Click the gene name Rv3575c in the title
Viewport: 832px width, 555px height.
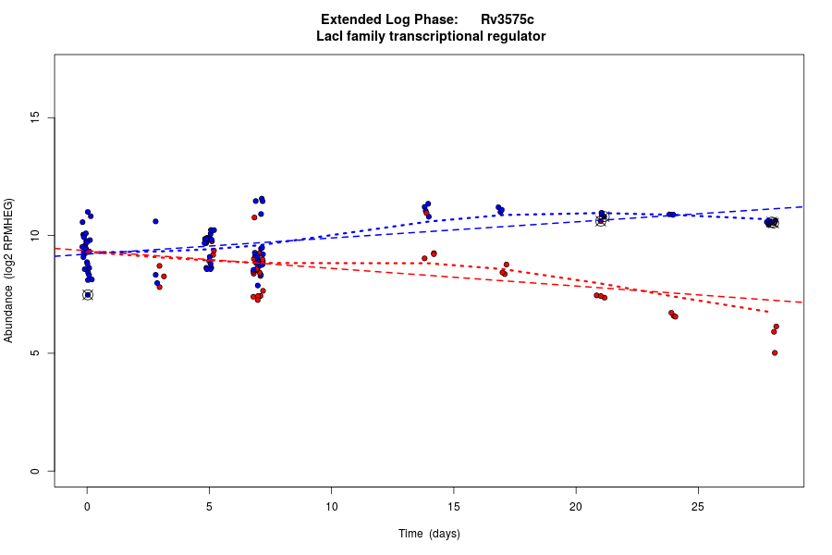point(507,19)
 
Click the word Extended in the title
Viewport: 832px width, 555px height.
point(351,19)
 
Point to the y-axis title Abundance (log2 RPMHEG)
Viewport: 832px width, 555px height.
point(9,270)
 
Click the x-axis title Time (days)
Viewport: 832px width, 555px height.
point(429,534)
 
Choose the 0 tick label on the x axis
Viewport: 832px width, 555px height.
point(87,507)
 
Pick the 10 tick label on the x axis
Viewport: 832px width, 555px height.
point(331,507)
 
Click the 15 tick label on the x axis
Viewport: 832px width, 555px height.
point(453,507)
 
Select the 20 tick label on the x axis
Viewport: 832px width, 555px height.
point(576,507)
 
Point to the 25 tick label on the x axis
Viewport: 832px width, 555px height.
point(698,507)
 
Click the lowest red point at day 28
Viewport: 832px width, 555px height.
point(775,352)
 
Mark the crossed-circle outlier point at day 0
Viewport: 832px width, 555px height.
point(88,295)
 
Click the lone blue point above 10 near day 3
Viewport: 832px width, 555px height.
point(155,221)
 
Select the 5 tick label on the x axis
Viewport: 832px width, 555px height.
point(209,507)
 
